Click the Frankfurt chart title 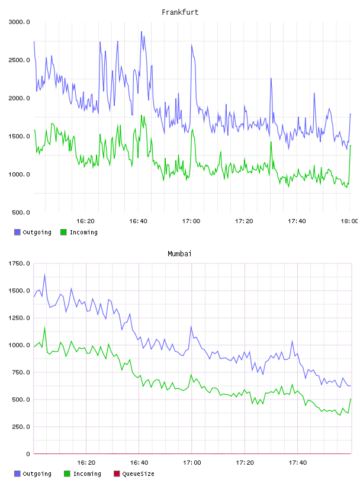click(x=180, y=12)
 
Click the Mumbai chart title click(x=179, y=254)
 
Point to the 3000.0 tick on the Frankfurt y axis click(x=19, y=22)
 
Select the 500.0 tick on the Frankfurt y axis click(x=21, y=212)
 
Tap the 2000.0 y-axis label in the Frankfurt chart click(x=19, y=98)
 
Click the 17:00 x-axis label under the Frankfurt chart click(x=191, y=221)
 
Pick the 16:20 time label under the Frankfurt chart click(x=85, y=221)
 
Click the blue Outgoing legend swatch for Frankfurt click(x=17, y=232)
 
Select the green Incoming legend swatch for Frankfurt click(x=63, y=232)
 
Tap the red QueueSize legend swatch click(x=117, y=474)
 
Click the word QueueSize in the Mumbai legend click(x=138, y=474)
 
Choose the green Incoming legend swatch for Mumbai click(x=67, y=474)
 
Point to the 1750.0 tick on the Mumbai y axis click(x=19, y=263)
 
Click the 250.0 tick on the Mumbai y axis click(x=21, y=427)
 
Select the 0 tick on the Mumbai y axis click(x=28, y=454)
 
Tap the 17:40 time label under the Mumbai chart click(x=298, y=462)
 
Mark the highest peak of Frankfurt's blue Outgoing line click(x=142, y=31)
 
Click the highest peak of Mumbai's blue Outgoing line click(x=44, y=274)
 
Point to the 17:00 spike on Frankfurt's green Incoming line click(x=192, y=130)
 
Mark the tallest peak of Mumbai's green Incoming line click(x=44, y=327)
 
